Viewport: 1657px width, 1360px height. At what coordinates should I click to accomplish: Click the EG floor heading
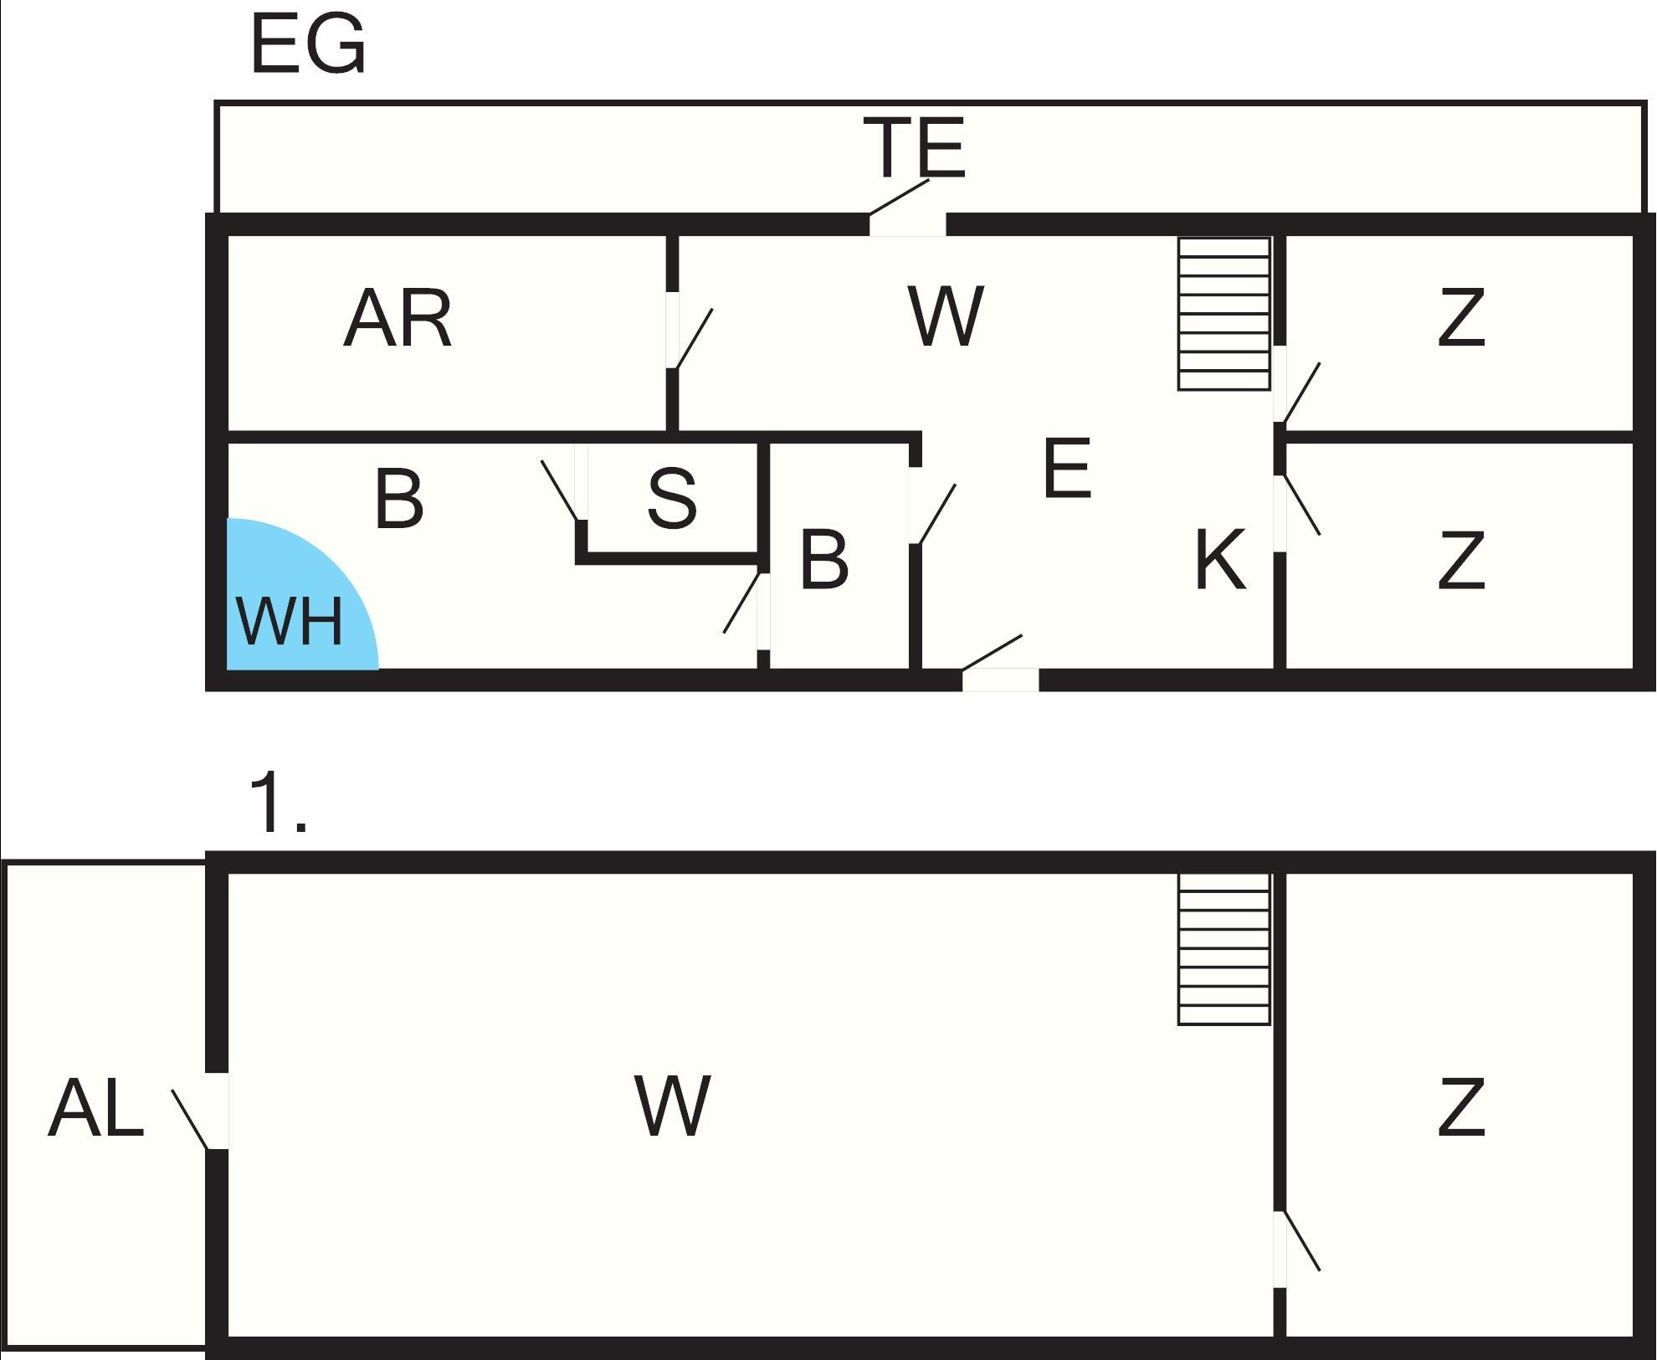coord(307,45)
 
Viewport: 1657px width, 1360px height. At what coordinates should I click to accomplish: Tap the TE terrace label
coord(917,148)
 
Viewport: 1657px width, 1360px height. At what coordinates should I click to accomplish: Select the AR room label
coord(398,318)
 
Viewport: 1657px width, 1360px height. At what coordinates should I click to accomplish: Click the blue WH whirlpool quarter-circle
coord(289,603)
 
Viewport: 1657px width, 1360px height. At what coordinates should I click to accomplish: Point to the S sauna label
coord(672,498)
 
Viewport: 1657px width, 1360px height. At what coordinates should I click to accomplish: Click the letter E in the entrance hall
coord(1067,469)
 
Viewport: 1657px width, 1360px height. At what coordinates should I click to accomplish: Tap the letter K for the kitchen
coord(1219,559)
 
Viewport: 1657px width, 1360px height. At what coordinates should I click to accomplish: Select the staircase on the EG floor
coord(1224,314)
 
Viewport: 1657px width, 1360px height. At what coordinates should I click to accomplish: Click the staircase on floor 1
coord(1224,948)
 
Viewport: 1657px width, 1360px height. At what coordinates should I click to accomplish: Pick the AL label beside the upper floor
coord(95,1108)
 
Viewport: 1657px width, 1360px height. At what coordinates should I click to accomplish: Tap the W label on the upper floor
coord(673,1106)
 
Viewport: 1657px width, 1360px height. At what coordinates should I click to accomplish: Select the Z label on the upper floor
coord(1461,1108)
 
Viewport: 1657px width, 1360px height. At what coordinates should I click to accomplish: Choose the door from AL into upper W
coord(216,1111)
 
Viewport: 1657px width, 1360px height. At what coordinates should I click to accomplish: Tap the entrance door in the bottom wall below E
coord(1000,679)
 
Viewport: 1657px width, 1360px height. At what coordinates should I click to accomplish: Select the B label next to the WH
coord(398,499)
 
